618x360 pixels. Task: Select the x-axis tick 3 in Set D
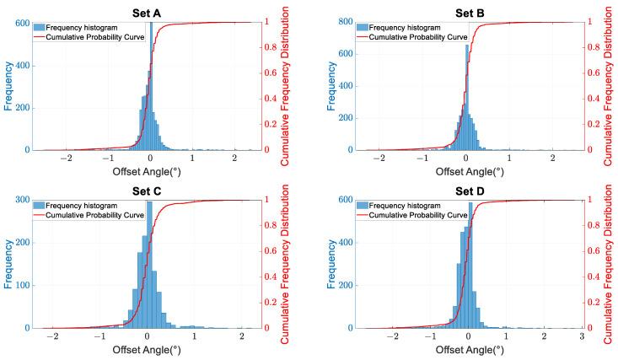pos(582,337)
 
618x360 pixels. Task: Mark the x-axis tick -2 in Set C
pos(53,337)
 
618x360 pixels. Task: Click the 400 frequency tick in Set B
pos(335,86)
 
